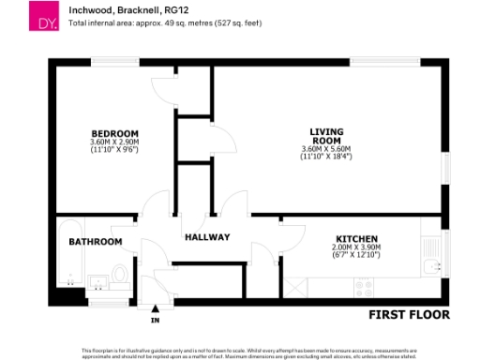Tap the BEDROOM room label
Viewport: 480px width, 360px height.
coord(114,132)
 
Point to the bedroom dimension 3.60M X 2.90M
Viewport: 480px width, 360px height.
coord(114,142)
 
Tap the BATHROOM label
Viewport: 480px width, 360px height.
coord(95,242)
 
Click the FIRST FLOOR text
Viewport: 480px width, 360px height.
coord(409,314)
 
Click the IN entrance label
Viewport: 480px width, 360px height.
coord(156,321)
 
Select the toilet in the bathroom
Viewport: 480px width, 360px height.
coord(119,274)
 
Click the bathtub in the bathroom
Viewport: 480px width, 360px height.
coord(68,254)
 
